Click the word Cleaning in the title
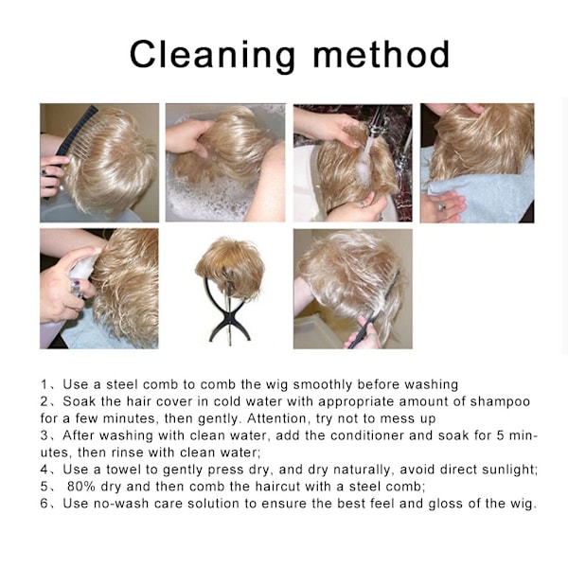(212, 55)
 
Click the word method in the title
(382, 54)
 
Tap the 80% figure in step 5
(80, 487)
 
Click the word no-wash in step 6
(121, 504)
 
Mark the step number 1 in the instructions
(44, 384)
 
